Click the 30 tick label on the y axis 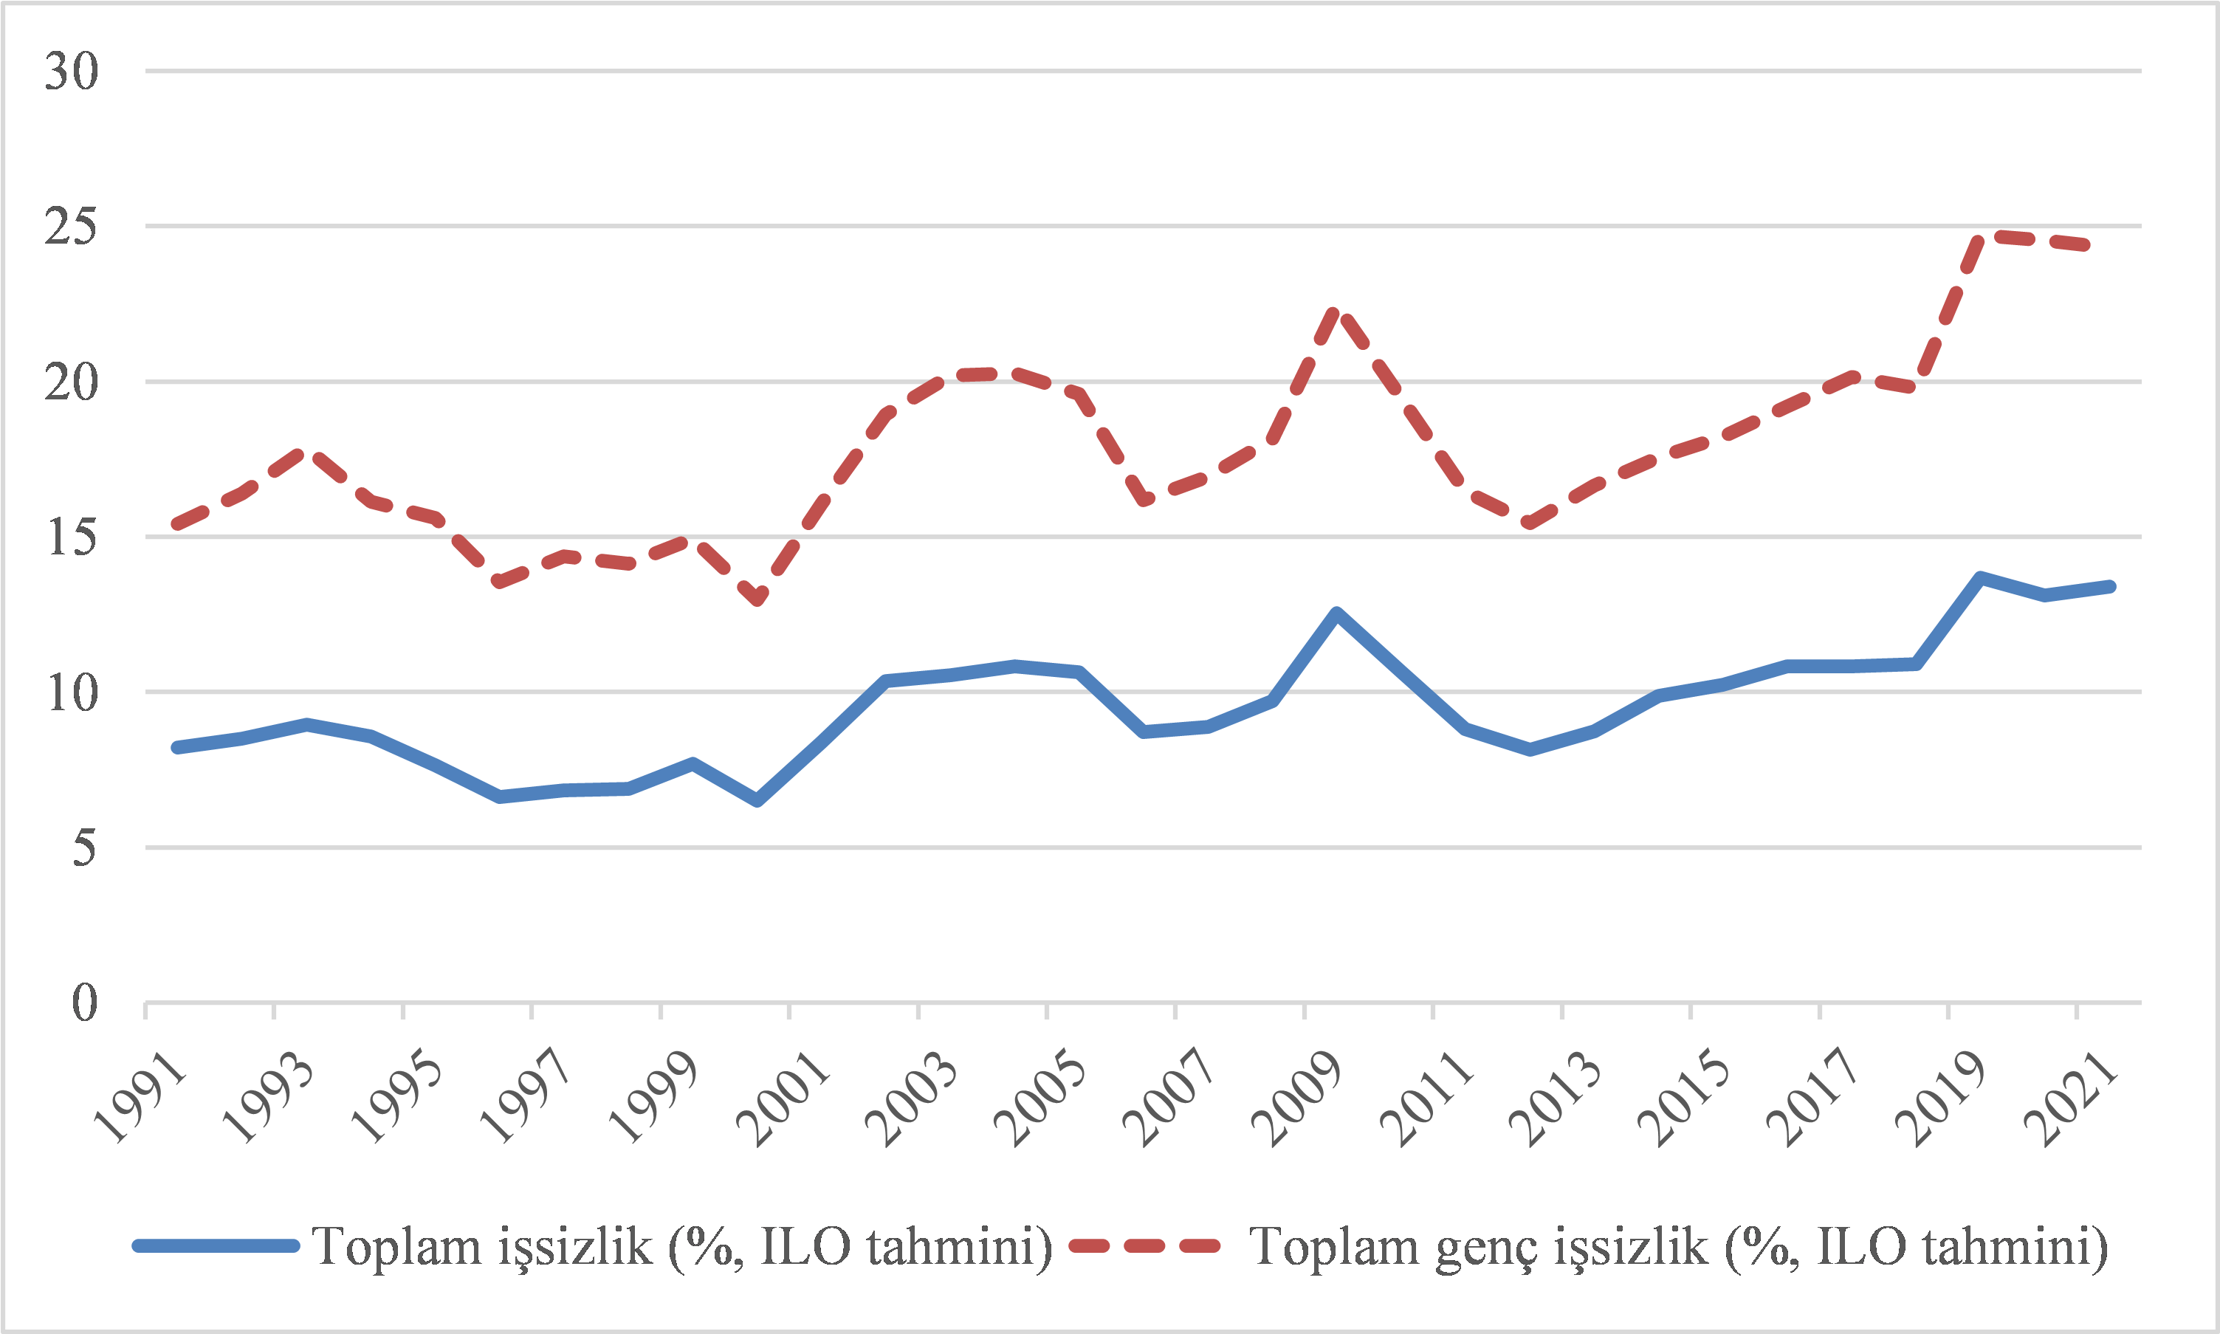click(71, 71)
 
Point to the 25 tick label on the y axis click(71, 227)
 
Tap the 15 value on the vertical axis click(71, 537)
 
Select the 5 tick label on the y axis click(83, 847)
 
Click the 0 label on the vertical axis click(83, 1003)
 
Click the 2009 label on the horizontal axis click(1298, 1098)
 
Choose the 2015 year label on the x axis click(1684, 1098)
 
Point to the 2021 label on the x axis click(2071, 1098)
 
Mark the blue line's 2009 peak click(1336, 614)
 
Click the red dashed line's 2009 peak click(1336, 313)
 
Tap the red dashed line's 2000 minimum click(757, 599)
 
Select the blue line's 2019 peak click(1980, 578)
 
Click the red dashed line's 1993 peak click(306, 451)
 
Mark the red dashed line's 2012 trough click(1529, 524)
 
